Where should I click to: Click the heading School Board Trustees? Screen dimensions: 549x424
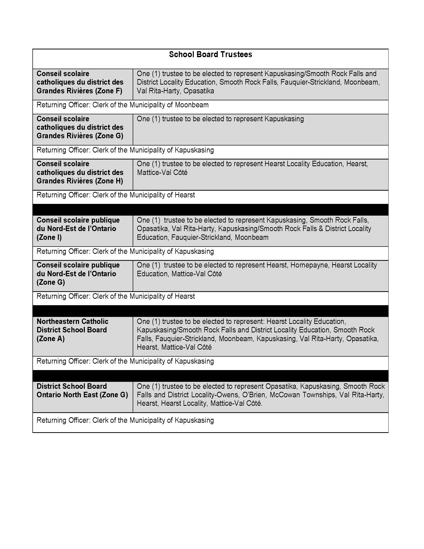click(x=210, y=55)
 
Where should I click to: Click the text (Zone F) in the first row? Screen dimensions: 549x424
click(x=108, y=91)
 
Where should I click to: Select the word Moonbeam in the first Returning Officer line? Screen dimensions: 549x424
click(x=192, y=105)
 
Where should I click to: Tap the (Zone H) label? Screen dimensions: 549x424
click(x=109, y=181)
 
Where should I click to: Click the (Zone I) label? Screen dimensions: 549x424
click(x=49, y=237)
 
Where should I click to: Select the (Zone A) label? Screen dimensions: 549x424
click(x=50, y=339)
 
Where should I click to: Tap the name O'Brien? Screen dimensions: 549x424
click(x=254, y=395)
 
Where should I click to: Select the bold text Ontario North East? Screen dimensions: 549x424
click(x=67, y=395)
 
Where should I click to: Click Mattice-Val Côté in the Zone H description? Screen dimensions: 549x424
click(x=162, y=173)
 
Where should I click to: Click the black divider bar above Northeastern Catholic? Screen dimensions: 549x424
click(x=210, y=311)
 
